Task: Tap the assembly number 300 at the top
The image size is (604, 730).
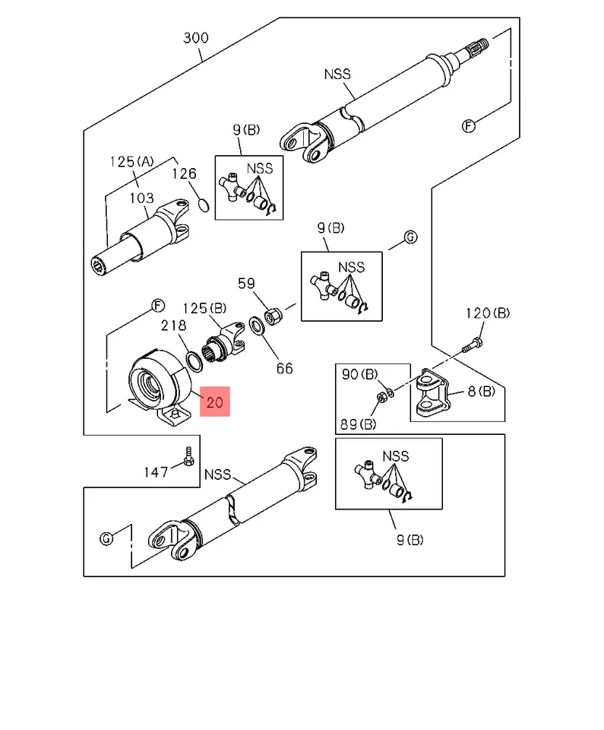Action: pos(196,37)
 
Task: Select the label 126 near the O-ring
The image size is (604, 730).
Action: pos(183,174)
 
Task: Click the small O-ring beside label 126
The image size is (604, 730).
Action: pos(202,205)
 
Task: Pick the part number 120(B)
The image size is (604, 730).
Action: pos(487,313)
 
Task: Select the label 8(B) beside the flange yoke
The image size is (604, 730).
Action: pos(480,392)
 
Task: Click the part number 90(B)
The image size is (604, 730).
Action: pos(360,374)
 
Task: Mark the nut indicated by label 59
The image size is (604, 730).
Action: pos(272,314)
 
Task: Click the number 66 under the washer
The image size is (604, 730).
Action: pos(283,369)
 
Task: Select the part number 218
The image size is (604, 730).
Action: pos(173,325)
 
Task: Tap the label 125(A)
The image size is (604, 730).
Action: pos(131,161)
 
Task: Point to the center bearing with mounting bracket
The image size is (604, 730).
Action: pos(158,383)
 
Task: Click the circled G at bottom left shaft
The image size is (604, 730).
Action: pos(107,538)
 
